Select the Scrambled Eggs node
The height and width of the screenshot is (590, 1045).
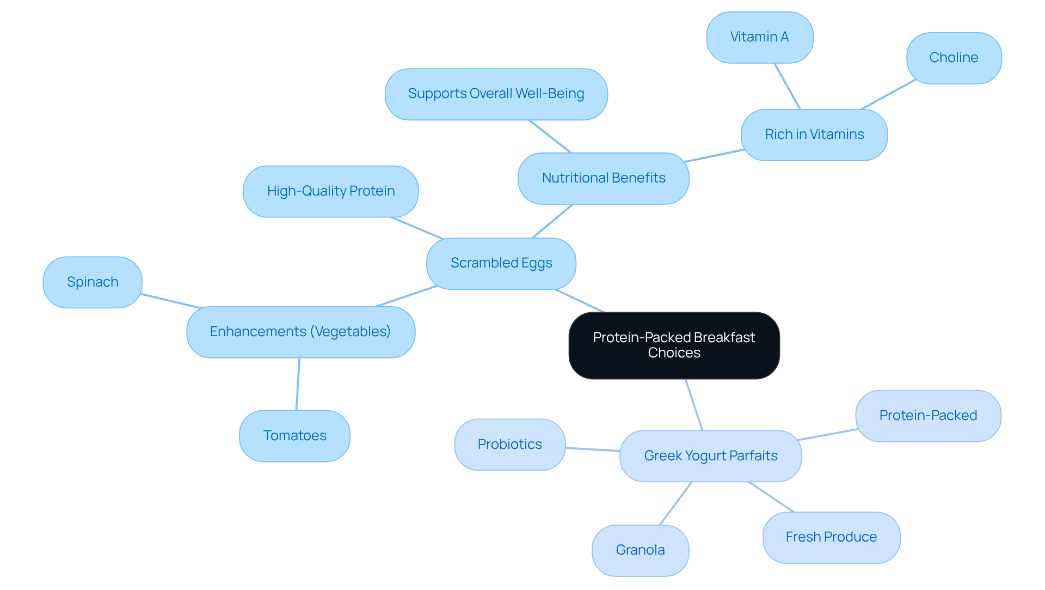point(501,263)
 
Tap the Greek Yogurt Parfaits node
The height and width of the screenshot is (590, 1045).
point(710,456)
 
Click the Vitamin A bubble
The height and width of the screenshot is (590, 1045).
point(759,37)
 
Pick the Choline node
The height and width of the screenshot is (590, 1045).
point(954,58)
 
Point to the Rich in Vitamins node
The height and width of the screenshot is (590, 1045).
point(814,135)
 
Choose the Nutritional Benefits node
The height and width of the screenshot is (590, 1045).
point(603,178)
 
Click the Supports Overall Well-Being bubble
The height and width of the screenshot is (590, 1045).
point(496,94)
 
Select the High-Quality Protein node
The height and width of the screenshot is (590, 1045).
point(330,191)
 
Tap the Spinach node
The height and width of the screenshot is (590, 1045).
point(93,282)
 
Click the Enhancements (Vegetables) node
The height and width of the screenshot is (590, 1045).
point(300,332)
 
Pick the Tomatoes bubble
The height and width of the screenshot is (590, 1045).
point(294,436)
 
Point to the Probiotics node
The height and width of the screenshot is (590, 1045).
point(509,445)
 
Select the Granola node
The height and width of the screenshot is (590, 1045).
point(640,550)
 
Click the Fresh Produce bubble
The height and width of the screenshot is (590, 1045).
point(831,537)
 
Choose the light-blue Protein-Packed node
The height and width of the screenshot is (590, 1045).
point(928,416)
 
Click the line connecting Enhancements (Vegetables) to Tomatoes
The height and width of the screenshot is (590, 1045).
point(298,384)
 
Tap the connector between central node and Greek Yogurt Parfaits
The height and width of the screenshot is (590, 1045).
point(694,405)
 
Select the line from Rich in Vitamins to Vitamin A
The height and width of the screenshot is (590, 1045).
point(787,86)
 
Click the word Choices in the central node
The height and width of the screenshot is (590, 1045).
point(674,353)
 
